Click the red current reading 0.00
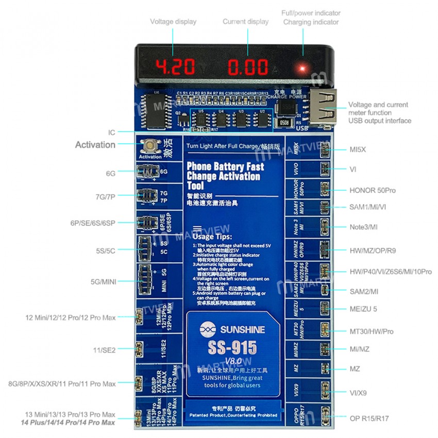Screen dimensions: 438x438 (x=248, y=67)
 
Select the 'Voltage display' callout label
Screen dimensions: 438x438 (x=173, y=22)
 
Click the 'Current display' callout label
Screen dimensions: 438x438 (x=245, y=22)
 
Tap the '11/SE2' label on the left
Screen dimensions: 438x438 (x=105, y=350)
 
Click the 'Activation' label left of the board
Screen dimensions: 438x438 (x=95, y=145)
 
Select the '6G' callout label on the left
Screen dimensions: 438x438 (x=111, y=174)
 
